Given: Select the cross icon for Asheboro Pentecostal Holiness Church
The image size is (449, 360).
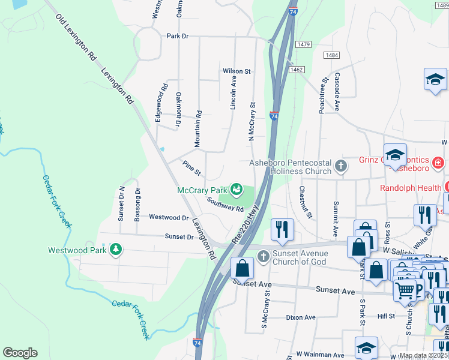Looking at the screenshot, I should coord(341,166).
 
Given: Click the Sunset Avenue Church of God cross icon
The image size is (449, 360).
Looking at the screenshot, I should coord(263,257).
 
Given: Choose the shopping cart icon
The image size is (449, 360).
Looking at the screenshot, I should coord(405,290).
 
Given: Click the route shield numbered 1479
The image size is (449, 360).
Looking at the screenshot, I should coord(303,44).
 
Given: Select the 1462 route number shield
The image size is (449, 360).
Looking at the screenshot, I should coord(296,70).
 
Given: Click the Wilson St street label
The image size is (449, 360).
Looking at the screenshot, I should coord(236,71).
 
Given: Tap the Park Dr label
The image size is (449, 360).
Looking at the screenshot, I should coord(178,36).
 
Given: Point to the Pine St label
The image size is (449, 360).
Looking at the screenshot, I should coord(191,168).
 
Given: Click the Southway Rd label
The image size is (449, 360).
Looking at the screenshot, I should coord(225,205).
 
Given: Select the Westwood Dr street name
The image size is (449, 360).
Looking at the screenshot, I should coord(169,217).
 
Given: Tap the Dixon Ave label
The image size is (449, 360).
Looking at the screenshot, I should coord(300,317).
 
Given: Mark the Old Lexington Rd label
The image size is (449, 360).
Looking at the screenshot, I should coord(76,38).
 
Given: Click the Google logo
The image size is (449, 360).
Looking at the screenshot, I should coord(20,353).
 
